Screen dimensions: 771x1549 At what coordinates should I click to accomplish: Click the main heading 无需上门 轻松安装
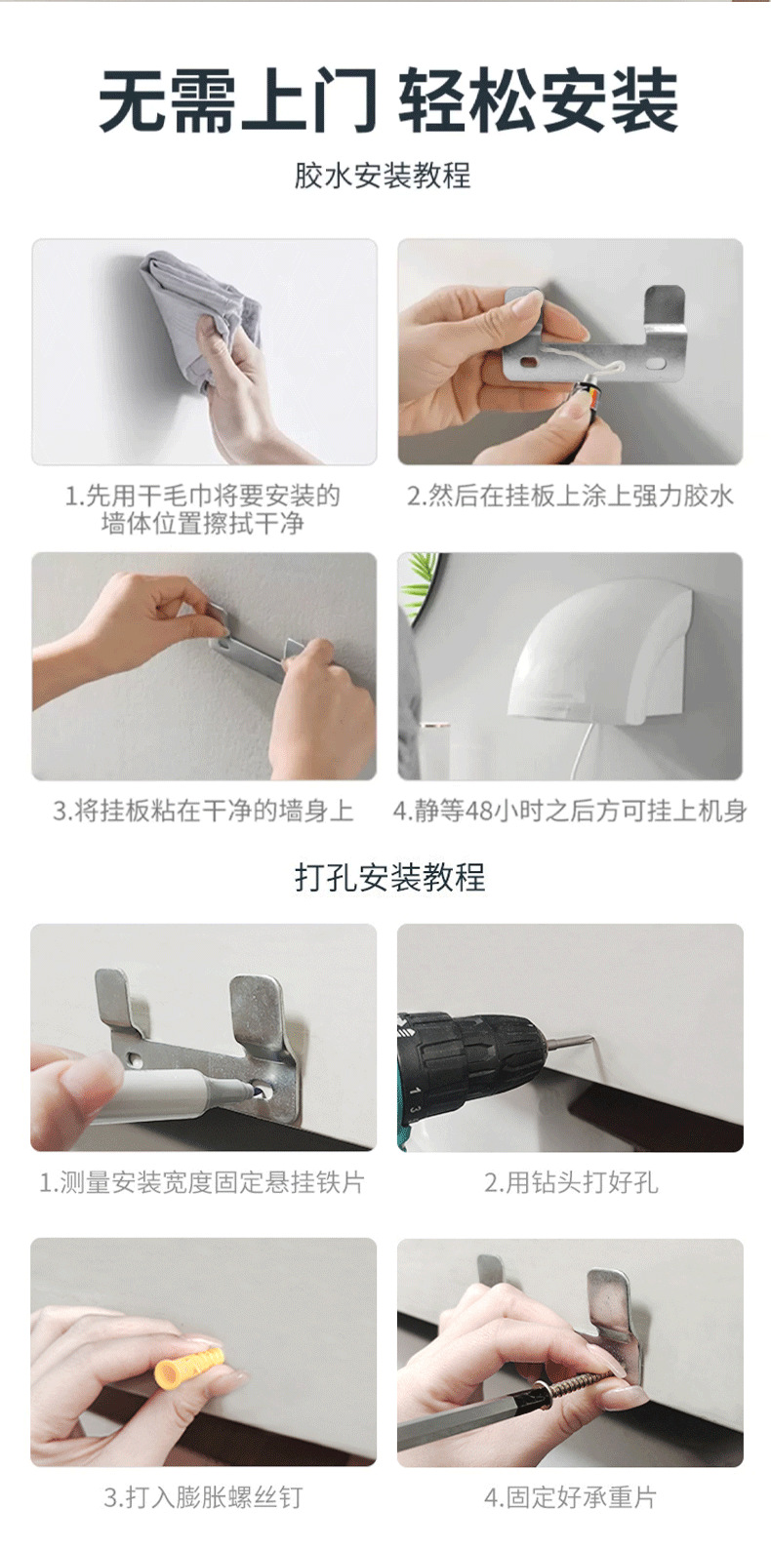tap(387, 101)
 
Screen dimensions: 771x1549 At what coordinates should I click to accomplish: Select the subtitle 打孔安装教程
tap(389, 878)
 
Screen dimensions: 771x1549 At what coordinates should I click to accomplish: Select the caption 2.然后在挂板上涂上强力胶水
tap(570, 496)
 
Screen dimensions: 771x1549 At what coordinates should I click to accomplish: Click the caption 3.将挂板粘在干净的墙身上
tap(203, 811)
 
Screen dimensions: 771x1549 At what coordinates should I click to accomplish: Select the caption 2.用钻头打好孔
tap(571, 1182)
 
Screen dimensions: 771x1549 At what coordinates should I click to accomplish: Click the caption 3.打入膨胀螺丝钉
tap(203, 1497)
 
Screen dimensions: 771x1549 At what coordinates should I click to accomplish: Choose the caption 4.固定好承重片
tap(570, 1497)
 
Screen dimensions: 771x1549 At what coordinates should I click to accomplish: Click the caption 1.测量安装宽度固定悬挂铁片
tap(201, 1182)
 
